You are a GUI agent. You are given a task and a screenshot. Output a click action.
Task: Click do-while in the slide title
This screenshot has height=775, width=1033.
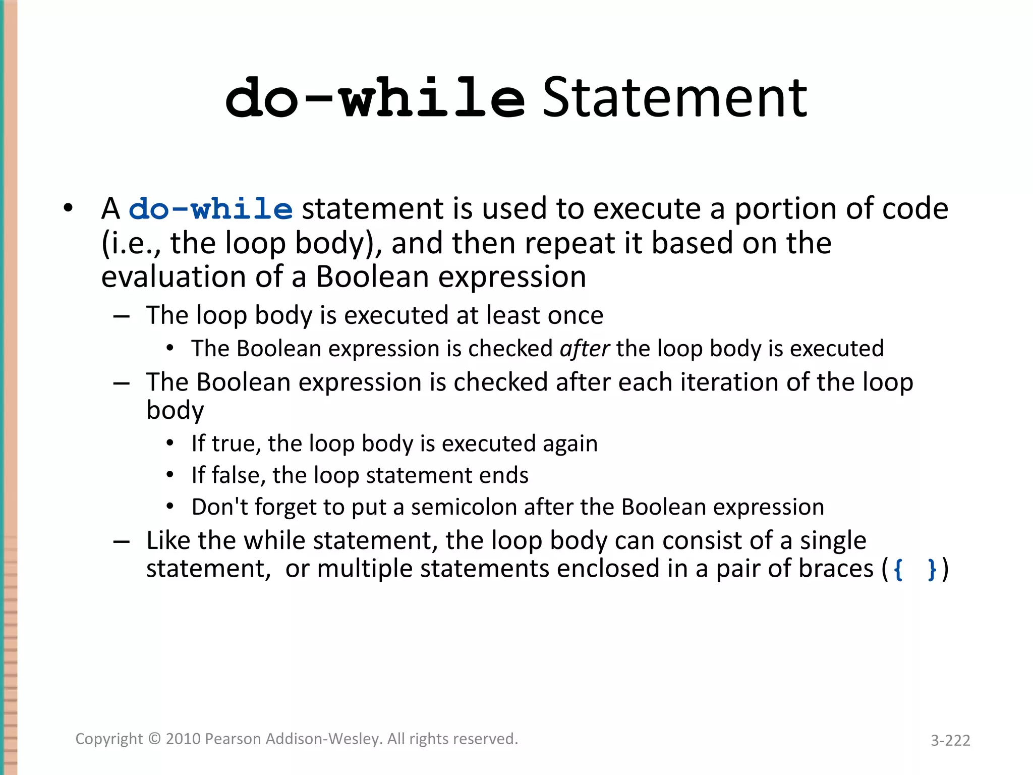pos(375,98)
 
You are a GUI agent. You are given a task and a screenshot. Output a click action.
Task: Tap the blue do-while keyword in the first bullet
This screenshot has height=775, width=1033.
pos(211,209)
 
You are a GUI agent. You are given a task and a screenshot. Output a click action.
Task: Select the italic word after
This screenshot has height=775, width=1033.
pos(585,349)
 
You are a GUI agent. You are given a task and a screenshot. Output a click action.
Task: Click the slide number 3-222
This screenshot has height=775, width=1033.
pos(950,740)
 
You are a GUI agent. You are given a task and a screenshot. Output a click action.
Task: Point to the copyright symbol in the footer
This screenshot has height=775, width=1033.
pos(155,739)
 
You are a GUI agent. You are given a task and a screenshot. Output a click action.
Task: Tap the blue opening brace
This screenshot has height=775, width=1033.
pos(898,570)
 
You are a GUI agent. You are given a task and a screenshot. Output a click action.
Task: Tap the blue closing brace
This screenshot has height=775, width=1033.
pos(932,570)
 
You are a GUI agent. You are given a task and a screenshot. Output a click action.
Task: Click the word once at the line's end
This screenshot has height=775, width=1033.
pos(576,315)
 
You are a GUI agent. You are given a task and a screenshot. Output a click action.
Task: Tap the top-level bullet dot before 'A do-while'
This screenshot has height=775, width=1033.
pos(68,208)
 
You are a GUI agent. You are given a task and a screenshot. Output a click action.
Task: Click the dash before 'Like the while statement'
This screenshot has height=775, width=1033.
pos(122,542)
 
